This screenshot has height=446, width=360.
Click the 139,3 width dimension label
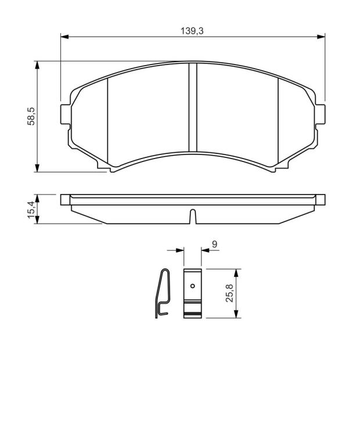[x=192, y=31]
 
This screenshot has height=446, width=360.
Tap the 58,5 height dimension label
[x=31, y=116]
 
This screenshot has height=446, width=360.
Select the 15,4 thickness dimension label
[x=31, y=209]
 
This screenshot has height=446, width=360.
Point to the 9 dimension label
[x=215, y=244]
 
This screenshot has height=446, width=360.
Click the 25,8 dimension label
[x=229, y=293]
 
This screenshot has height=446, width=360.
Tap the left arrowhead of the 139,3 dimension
[x=64, y=37]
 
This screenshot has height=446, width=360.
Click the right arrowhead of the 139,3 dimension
[x=321, y=37]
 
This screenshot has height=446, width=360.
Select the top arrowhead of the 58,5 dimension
[x=37, y=65]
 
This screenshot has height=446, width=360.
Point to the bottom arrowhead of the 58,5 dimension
[x=37, y=168]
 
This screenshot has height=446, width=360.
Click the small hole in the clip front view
[x=193, y=286]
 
